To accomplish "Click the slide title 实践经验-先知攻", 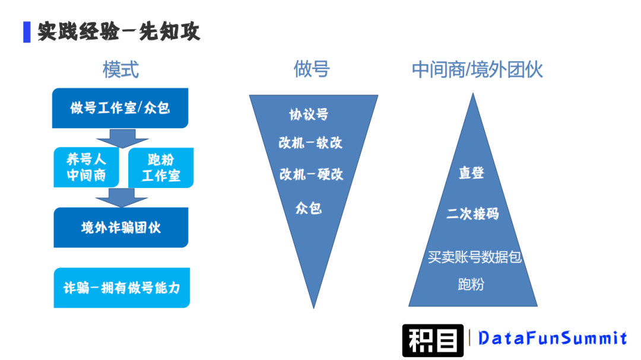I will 119,31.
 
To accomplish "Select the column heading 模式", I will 120,69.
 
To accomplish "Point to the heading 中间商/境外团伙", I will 477,70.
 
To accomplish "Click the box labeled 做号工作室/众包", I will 120,108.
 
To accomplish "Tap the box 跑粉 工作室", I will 161,167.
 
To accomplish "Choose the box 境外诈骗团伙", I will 120,228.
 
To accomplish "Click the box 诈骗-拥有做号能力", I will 122,288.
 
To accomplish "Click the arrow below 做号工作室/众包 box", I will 122,138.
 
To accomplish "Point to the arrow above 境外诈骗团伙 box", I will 122,197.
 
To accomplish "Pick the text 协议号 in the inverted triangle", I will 309,114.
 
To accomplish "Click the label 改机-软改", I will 310,142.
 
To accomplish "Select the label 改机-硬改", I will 311,174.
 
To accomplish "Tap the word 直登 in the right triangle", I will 472,173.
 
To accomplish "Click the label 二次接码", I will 472,214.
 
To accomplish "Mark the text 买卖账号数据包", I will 474,257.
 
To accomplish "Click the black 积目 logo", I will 433,340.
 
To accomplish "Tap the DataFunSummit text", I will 553,338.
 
